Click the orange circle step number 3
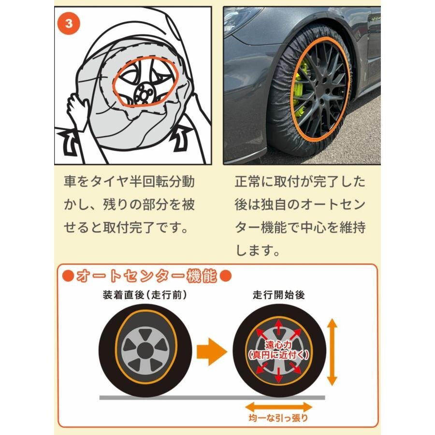pos(69,24)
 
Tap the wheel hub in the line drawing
pos(143,93)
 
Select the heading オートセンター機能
pos(146,276)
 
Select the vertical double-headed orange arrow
pos(332,351)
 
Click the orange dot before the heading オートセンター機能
pos(68,276)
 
